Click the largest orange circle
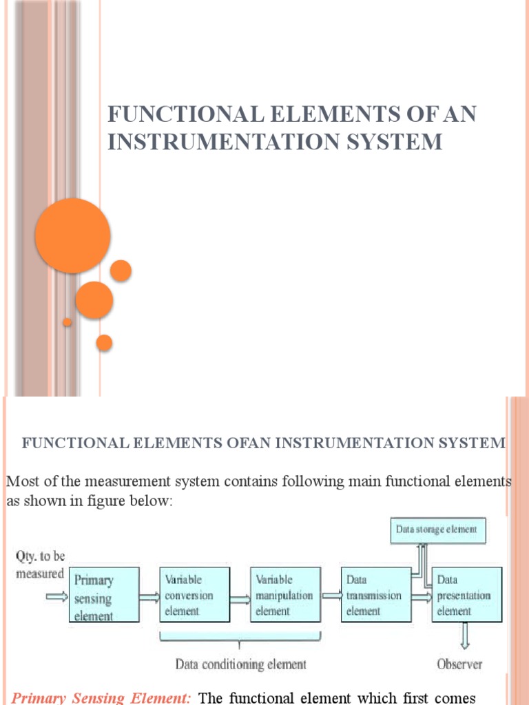tap(72, 235)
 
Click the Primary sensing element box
tap(104, 595)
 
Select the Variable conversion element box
tap(195, 595)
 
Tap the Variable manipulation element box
tap(285, 595)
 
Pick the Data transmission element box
tap(375, 595)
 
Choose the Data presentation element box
tap(466, 595)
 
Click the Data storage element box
tap(437, 530)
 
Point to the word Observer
tap(459, 664)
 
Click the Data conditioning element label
tap(240, 664)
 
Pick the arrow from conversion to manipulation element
tap(240, 596)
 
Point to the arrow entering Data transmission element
tap(331, 596)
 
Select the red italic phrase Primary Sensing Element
tap(102, 697)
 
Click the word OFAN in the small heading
tap(247, 443)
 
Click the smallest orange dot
tap(67, 322)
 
